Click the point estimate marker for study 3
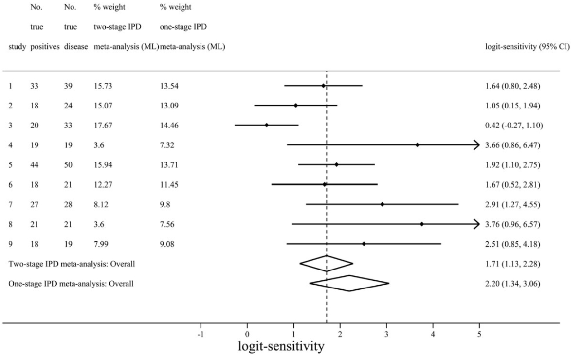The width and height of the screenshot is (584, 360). click(x=267, y=125)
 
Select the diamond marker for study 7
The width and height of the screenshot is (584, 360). click(x=382, y=204)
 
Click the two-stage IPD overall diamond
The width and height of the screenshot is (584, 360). click(x=327, y=264)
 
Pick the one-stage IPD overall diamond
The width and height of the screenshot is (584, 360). click(x=349, y=283)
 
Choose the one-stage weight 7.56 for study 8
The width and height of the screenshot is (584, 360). click(x=167, y=224)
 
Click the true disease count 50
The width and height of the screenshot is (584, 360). click(x=69, y=165)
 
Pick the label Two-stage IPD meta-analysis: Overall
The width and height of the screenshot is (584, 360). click(x=72, y=264)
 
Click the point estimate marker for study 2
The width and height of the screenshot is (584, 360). click(x=295, y=105)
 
